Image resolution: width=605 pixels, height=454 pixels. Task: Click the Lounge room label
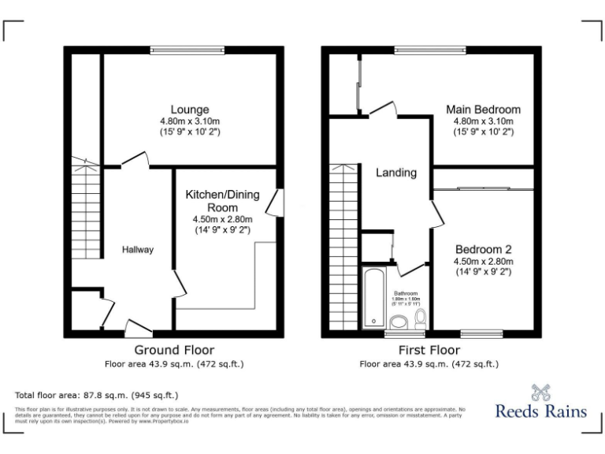[190, 109]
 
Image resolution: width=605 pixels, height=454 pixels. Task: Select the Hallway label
[137, 250]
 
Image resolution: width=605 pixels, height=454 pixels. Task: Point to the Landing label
[395, 173]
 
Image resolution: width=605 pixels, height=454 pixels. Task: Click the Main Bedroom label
[483, 109]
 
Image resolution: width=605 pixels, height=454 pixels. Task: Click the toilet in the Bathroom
[421, 318]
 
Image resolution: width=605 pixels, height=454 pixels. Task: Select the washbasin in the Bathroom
[399, 322]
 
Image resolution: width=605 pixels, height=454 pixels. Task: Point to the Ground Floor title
[174, 350]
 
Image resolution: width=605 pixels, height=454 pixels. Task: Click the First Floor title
[429, 350]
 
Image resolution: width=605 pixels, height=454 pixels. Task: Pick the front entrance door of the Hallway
[139, 329]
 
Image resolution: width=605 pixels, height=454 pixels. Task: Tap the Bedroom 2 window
[481, 333]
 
